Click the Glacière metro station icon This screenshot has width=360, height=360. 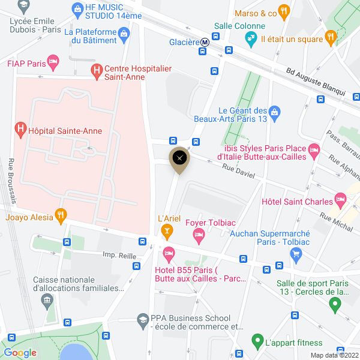click(205, 42)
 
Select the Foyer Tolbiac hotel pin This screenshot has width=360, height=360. click(199, 236)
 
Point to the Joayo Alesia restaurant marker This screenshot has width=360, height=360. click(60, 215)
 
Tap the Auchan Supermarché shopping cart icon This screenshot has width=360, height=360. click(295, 254)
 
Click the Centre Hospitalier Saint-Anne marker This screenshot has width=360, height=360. click(96, 71)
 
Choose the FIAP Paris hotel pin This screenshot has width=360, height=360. click(54, 61)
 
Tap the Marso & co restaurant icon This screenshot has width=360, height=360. click(284, 11)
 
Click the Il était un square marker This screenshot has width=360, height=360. click(330, 38)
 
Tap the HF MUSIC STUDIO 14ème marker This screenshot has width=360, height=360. click(77, 9)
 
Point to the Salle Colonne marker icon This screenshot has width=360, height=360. click(250, 38)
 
